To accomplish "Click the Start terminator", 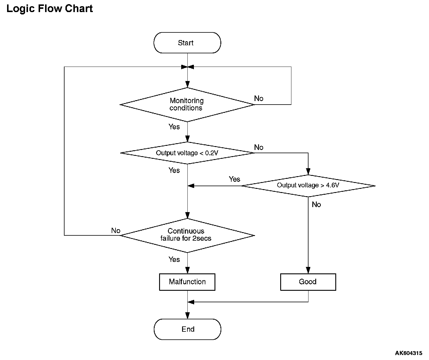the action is pyautogui.click(x=187, y=43).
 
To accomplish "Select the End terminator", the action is pyautogui.click(x=187, y=329).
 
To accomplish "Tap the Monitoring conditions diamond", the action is pyautogui.click(x=187, y=105).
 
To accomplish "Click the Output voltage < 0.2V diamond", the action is pyautogui.click(x=187, y=153).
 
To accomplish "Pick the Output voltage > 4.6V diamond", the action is pyautogui.click(x=308, y=186).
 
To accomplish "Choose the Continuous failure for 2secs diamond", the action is pyautogui.click(x=187, y=235).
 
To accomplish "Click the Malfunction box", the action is pyautogui.click(x=187, y=282).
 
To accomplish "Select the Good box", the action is pyautogui.click(x=308, y=282).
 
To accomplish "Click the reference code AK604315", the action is pyautogui.click(x=408, y=353).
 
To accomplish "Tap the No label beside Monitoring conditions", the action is pyautogui.click(x=259, y=98).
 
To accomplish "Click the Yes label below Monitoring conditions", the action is pyautogui.click(x=174, y=127).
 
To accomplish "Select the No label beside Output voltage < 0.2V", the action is pyautogui.click(x=259, y=147).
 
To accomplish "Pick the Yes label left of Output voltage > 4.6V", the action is pyautogui.click(x=235, y=179).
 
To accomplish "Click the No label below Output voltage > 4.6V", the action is pyautogui.click(x=316, y=204).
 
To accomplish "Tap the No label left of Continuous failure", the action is pyautogui.click(x=116, y=231).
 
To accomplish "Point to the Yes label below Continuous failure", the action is pyautogui.click(x=174, y=260).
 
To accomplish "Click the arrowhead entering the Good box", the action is pyautogui.click(x=308, y=270).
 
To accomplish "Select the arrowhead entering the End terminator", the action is pyautogui.click(x=187, y=316).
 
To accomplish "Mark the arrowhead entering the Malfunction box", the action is pyautogui.click(x=187, y=270).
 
